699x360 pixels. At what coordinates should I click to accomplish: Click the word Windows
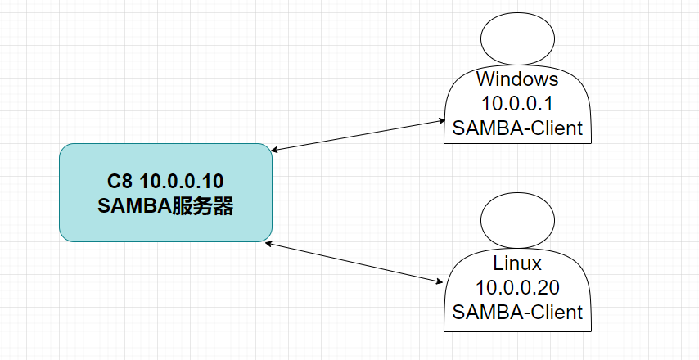pos(517,79)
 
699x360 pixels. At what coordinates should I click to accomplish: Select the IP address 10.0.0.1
pos(517,104)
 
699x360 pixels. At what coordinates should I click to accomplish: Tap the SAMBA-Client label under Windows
pos(517,128)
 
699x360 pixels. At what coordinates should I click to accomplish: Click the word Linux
pos(517,263)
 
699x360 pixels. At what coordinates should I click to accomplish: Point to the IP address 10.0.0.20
pos(517,288)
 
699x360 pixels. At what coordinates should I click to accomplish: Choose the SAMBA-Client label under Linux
pos(517,313)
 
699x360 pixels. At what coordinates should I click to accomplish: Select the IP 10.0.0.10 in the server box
pos(182,182)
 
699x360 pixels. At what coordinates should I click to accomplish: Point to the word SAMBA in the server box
pos(134,206)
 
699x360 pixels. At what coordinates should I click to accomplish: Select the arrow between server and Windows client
pos(359,136)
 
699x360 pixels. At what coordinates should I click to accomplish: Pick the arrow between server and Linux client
pos(354,263)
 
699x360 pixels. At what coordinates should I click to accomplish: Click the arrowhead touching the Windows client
pos(442,120)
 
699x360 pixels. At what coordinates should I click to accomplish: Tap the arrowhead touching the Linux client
pos(440,281)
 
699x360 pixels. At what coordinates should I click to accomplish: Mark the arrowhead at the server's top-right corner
pos(275,151)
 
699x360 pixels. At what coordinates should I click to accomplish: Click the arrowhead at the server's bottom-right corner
pos(268,243)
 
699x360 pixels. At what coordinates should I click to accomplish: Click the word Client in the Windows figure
pos(560,128)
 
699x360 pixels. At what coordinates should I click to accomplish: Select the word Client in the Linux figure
pos(560,313)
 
